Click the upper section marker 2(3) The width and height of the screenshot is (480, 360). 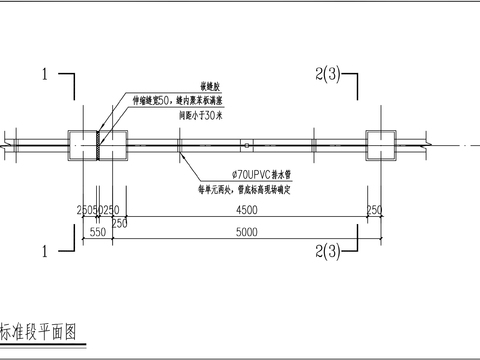click(326, 73)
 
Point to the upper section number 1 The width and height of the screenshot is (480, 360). click(45, 73)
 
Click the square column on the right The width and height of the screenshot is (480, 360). click(381, 145)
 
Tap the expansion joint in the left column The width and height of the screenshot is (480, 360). click(99, 145)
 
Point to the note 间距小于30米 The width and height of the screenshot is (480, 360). click(201, 116)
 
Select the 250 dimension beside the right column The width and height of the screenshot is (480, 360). click(374, 209)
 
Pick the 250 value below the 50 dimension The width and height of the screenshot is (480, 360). click(119, 222)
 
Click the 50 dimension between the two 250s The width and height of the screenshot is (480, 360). click(99, 209)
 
